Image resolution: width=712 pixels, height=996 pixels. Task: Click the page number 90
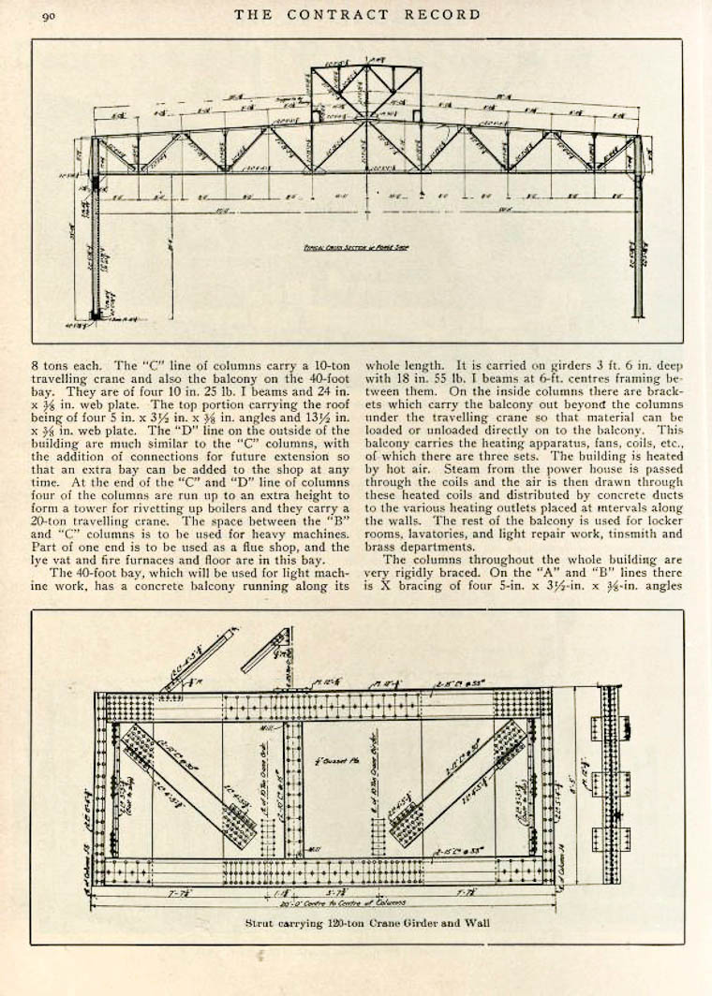(49, 15)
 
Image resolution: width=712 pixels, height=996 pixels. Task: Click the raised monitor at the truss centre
(366, 93)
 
